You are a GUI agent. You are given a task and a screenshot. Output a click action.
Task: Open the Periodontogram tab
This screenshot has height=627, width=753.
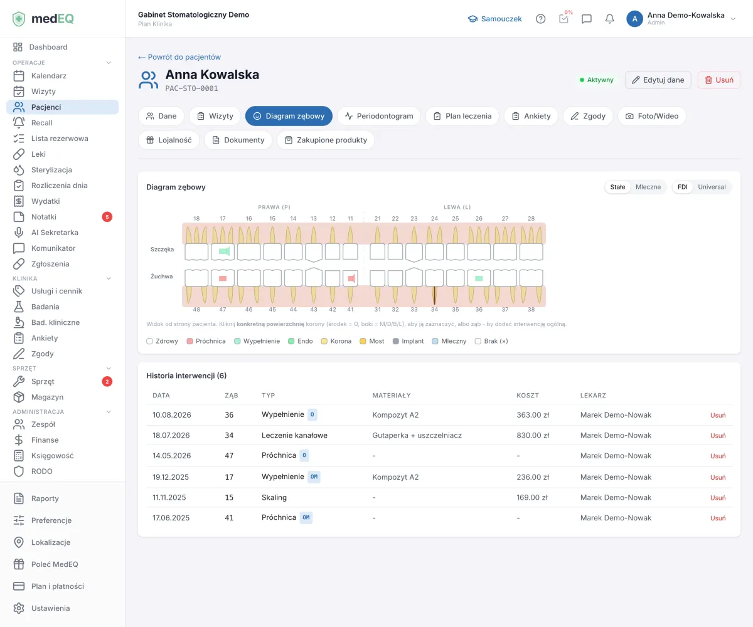point(378,116)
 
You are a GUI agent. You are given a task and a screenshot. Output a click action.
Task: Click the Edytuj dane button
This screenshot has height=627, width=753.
point(658,80)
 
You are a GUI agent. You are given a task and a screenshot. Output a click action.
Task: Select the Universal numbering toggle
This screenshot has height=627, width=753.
point(712,187)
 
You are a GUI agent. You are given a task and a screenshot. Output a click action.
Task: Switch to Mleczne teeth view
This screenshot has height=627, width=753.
point(648,187)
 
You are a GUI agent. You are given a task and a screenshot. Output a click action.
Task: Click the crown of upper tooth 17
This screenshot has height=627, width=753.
point(223,251)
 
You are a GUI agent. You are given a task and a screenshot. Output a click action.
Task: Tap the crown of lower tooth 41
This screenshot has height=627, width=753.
point(350,278)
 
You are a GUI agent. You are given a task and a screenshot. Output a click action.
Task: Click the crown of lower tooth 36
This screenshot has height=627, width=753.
point(479,278)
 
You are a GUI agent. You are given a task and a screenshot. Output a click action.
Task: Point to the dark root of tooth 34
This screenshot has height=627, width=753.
point(434,295)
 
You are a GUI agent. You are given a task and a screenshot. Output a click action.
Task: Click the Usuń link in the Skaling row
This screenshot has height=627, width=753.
point(718,498)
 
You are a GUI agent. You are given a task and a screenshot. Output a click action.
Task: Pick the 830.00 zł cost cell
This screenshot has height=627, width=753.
point(533,435)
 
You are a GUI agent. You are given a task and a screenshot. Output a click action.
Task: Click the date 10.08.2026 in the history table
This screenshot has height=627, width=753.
point(172,414)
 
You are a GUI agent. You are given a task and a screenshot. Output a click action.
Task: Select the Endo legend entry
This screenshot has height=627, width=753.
point(301,341)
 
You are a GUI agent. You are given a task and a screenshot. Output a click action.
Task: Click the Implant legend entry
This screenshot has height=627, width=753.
point(408,341)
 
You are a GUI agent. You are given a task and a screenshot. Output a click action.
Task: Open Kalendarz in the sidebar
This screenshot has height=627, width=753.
point(49,76)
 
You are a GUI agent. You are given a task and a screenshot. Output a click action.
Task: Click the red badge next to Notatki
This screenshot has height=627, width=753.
point(107,217)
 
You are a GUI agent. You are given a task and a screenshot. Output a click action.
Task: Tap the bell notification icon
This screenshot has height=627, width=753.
point(609,19)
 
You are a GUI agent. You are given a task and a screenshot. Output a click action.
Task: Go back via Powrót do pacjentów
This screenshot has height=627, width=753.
point(179,57)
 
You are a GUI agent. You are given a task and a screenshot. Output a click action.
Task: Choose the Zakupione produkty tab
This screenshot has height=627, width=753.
point(326,140)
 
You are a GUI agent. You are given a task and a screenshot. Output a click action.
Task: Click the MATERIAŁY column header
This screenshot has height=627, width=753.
point(392,395)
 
